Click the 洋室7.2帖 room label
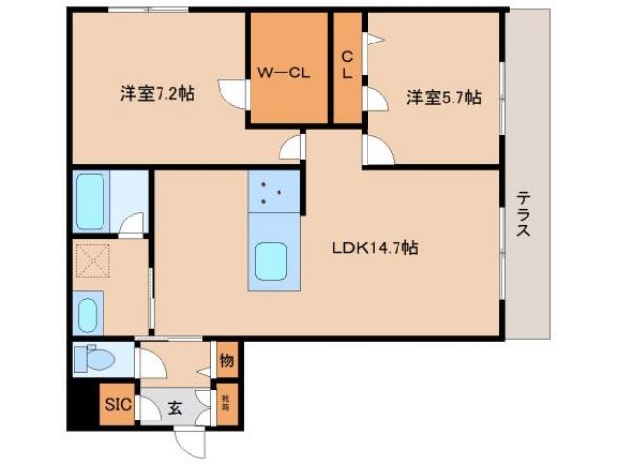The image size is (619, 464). tap(157, 94)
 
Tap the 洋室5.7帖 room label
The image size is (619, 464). tap(444, 97)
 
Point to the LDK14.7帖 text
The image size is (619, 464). tap(375, 247)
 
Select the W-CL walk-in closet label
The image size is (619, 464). tap(282, 71)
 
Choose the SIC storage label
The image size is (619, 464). tap(117, 405)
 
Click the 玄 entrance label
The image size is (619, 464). tap(175, 406)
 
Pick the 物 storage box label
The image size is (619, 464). tap(226, 361)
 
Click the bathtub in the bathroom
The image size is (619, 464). tap(90, 202)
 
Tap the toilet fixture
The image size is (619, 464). tap(96, 358)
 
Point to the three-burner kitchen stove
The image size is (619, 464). tap(272, 191)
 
